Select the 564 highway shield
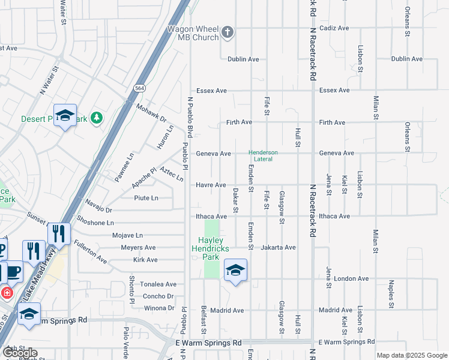click(139, 88)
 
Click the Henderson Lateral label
click(264, 155)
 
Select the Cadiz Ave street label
click(334, 28)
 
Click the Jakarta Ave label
click(279, 247)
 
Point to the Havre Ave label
click(211, 185)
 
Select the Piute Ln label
click(146, 198)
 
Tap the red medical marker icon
click(6, 293)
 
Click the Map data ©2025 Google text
click(412, 355)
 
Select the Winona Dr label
click(158, 308)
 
